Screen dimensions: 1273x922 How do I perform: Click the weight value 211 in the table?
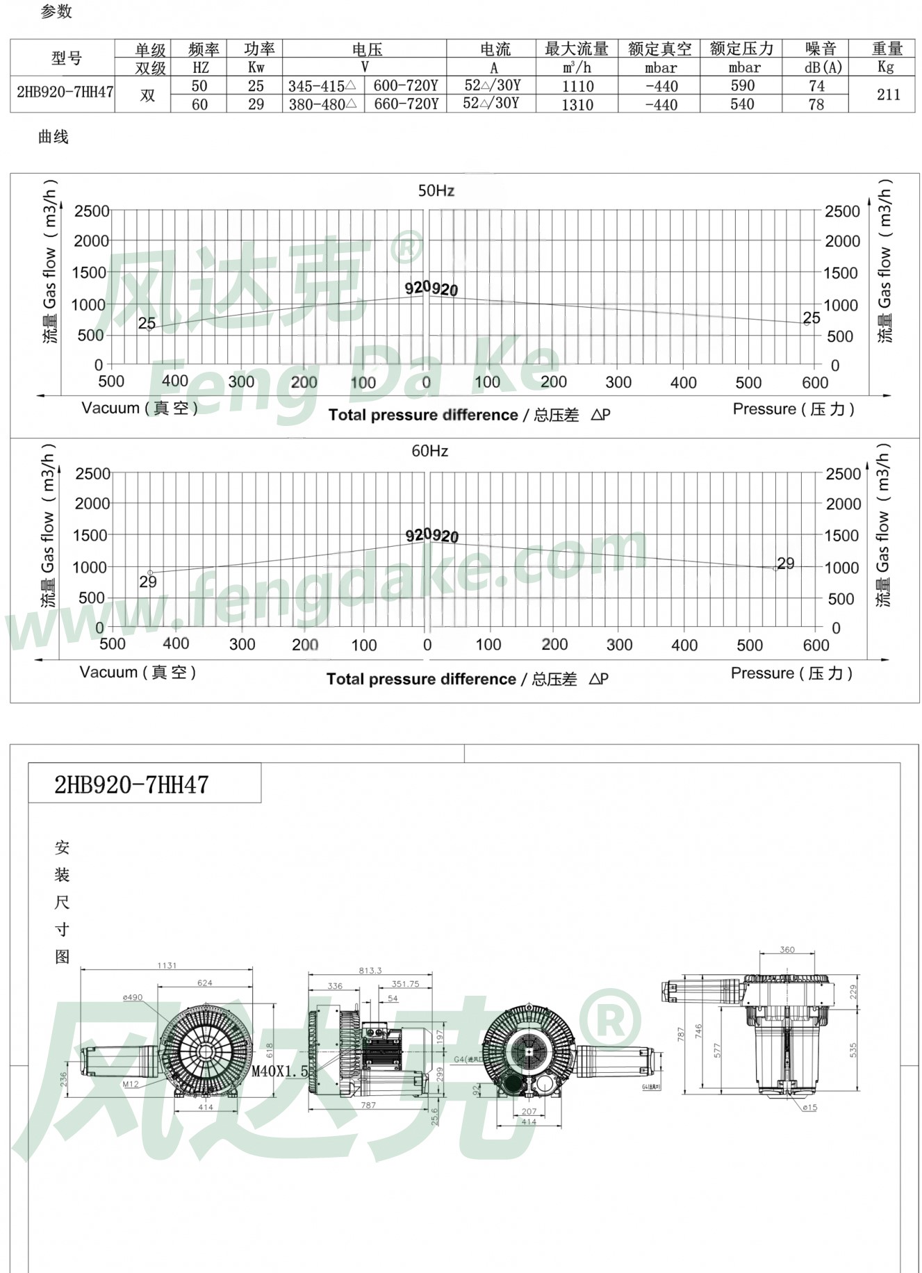pyautogui.click(x=888, y=95)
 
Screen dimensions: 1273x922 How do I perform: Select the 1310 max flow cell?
pyautogui.click(x=577, y=105)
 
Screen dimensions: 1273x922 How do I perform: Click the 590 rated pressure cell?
pyautogui.click(x=742, y=85)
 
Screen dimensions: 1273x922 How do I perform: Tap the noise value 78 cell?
pyautogui.click(x=816, y=104)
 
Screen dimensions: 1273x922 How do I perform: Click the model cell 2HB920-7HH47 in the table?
pyautogui.click(x=65, y=92)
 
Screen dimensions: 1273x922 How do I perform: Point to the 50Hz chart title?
pyautogui.click(x=436, y=190)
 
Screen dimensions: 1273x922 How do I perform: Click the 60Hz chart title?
pyautogui.click(x=429, y=451)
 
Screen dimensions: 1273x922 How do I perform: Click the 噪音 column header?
pyautogui.click(x=821, y=49)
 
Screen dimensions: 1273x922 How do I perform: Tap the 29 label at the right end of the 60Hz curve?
pyautogui.click(x=785, y=563)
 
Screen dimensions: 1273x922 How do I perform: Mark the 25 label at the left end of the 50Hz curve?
pyautogui.click(x=147, y=323)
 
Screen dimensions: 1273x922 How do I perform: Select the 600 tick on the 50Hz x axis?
pyautogui.click(x=814, y=382)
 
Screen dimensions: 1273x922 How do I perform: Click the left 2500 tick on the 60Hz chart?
pyautogui.click(x=92, y=473)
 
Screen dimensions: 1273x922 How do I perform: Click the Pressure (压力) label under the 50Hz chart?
pyautogui.click(x=793, y=409)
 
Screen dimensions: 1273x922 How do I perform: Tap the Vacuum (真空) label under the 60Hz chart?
pyautogui.click(x=138, y=672)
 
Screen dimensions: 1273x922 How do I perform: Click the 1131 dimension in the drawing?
pyautogui.click(x=167, y=965)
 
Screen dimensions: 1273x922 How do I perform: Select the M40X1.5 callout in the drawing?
pyautogui.click(x=279, y=1071)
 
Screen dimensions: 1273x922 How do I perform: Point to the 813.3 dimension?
pyautogui.click(x=370, y=970)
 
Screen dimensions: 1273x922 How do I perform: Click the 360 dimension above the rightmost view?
pyautogui.click(x=787, y=949)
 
